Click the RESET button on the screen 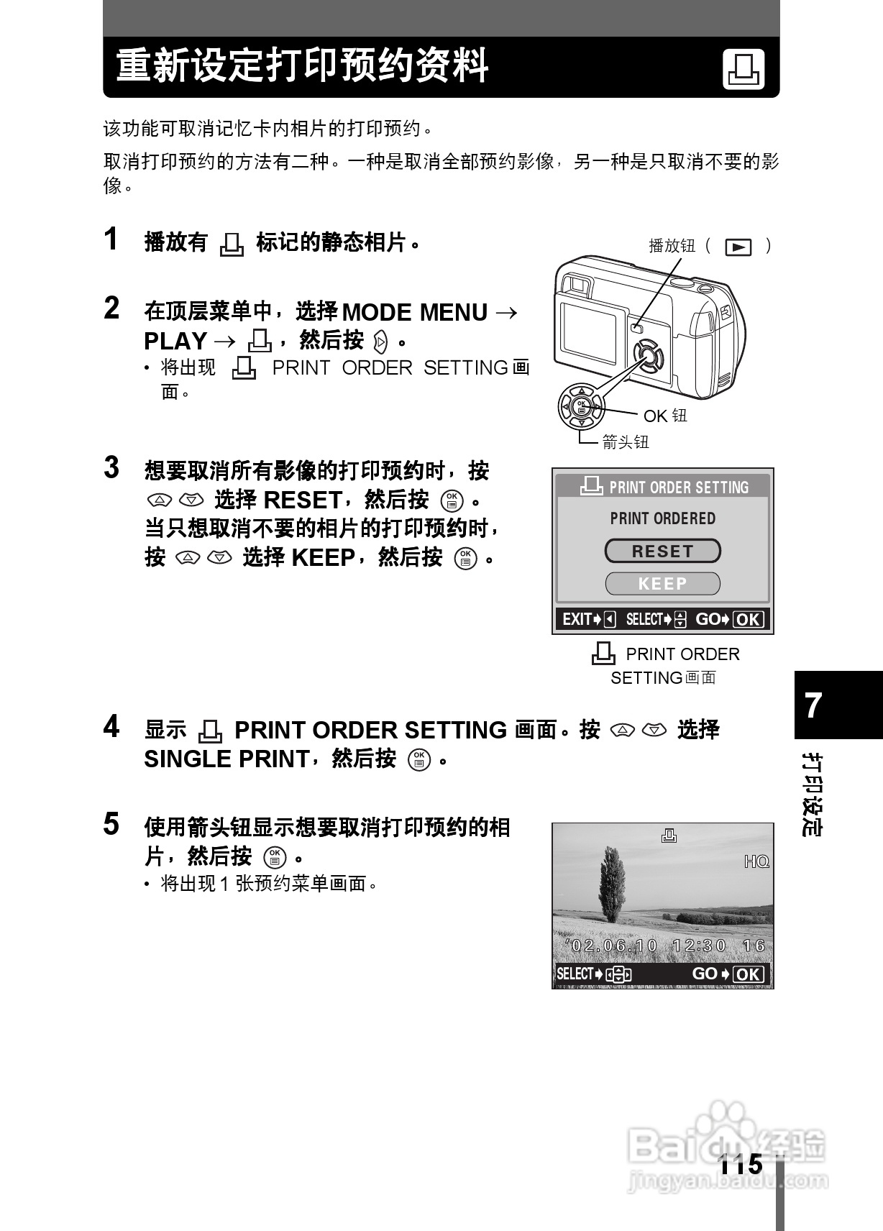tap(662, 552)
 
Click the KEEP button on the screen tap(662, 584)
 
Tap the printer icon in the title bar tap(744, 70)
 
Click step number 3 tap(111, 467)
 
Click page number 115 tap(741, 1164)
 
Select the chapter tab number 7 tap(813, 705)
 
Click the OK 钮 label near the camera tap(665, 416)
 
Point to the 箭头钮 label tap(625, 442)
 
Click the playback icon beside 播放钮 tap(738, 247)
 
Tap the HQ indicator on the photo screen tap(756, 861)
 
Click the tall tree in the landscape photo tap(612, 884)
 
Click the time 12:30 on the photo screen tap(699, 946)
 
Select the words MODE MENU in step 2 tap(415, 312)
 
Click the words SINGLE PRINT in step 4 tap(227, 759)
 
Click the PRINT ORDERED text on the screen tap(662, 518)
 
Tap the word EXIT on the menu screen tap(577, 619)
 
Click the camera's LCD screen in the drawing tap(588, 331)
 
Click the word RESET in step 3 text tap(303, 500)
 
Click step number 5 tap(111, 824)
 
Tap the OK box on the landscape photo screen tap(748, 974)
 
